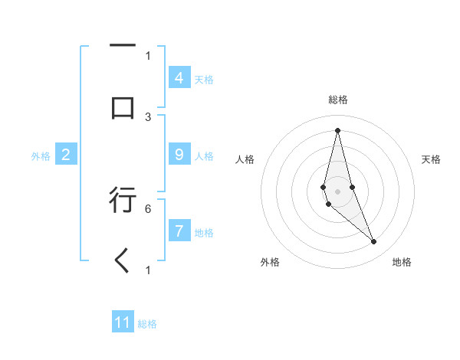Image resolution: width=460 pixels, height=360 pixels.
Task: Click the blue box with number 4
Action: pyautogui.click(x=179, y=77)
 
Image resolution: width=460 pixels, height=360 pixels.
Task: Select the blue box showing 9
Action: pyautogui.click(x=179, y=155)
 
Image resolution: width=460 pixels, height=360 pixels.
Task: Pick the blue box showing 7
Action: pyautogui.click(x=179, y=231)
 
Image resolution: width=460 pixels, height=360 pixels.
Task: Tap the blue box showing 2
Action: pyautogui.click(x=65, y=155)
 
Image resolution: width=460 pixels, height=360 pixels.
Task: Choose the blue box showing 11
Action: pyautogui.click(x=123, y=322)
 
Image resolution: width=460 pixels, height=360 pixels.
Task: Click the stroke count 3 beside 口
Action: pyautogui.click(x=148, y=117)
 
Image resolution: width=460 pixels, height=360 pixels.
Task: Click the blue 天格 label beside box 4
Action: pyautogui.click(x=204, y=80)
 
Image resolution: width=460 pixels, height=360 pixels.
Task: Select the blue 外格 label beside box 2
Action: pyautogui.click(x=41, y=156)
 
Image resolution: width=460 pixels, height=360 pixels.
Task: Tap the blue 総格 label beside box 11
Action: pyautogui.click(x=147, y=324)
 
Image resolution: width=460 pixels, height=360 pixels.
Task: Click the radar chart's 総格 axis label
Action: pyautogui.click(x=338, y=100)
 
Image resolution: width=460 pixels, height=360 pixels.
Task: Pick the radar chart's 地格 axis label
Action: pyautogui.click(x=402, y=262)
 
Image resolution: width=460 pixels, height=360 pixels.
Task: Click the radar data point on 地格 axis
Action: pyautogui.click(x=374, y=242)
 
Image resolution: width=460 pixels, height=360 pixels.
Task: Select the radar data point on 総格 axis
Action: pyautogui.click(x=337, y=129)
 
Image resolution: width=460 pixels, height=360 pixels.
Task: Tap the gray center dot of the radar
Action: pyautogui.click(x=337, y=191)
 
